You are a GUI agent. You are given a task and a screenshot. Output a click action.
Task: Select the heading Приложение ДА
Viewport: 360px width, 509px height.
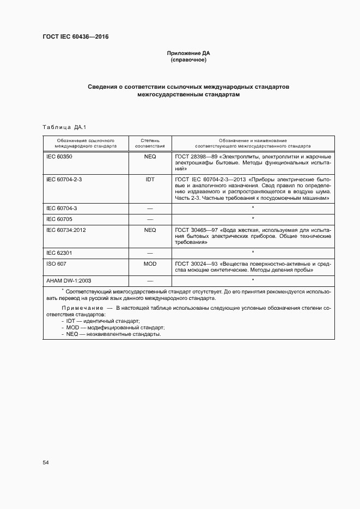point(188,53)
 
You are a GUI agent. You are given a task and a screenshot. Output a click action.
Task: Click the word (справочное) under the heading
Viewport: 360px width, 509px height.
point(188,60)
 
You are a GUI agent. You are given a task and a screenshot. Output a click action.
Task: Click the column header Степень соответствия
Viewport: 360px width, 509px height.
point(150,143)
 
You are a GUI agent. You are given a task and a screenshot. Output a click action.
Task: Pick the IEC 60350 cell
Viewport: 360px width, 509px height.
point(59,157)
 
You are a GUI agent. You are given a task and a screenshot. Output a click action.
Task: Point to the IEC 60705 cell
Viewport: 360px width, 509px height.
point(58,219)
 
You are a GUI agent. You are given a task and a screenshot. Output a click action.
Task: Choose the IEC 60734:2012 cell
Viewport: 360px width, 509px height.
point(66,230)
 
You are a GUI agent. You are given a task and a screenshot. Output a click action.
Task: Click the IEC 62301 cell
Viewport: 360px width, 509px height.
point(59,253)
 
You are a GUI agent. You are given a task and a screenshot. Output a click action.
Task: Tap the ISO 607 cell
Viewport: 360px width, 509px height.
point(56,264)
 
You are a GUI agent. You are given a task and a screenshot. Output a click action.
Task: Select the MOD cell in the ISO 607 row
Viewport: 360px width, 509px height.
point(150,264)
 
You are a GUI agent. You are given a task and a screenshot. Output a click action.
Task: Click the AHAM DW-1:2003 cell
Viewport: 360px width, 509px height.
point(69,280)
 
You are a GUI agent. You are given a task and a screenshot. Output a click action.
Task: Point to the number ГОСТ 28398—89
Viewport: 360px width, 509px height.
point(195,157)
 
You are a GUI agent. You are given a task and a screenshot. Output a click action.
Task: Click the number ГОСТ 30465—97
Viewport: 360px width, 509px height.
point(195,230)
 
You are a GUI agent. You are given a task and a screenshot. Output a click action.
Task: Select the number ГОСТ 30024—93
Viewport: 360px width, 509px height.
point(195,264)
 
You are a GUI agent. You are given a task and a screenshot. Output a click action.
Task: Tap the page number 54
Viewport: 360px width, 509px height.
point(46,463)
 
